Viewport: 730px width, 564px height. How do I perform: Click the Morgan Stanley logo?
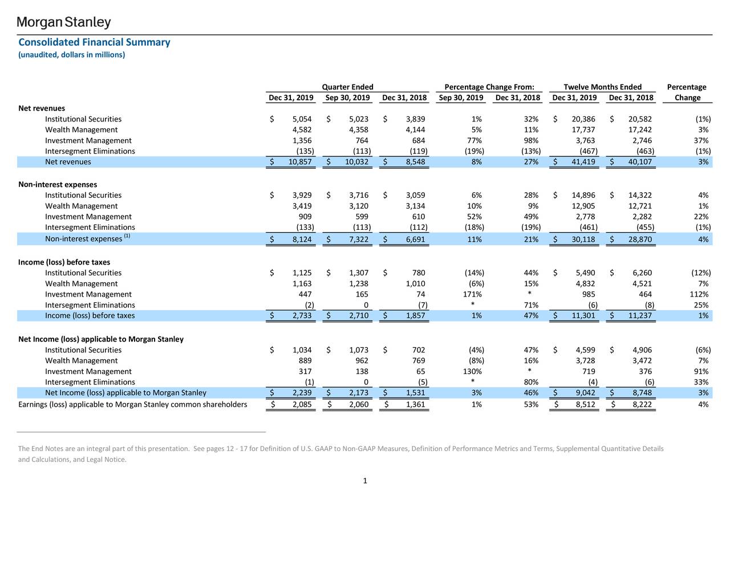point(63,22)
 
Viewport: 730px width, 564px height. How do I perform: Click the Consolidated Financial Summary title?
point(94,42)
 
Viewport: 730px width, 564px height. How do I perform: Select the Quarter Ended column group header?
point(347,87)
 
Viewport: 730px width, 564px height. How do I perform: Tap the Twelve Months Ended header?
point(602,87)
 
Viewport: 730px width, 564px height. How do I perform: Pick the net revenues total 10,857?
point(299,161)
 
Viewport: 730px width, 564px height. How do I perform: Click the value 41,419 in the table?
point(583,161)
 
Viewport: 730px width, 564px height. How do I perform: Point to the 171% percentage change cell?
point(472,294)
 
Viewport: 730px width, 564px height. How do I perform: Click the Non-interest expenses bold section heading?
point(58,184)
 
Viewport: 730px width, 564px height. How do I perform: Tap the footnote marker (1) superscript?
point(127,236)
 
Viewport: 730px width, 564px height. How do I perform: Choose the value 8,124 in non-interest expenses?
point(302,239)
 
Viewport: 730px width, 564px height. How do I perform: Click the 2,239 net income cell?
point(302,393)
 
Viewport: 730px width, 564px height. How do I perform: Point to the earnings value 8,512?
point(585,404)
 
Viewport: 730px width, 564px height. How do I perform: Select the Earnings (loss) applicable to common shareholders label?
point(132,404)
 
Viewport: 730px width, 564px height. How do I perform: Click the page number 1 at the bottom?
point(365,481)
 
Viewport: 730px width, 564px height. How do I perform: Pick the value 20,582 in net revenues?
point(640,119)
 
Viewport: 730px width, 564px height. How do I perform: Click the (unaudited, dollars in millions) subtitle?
point(71,55)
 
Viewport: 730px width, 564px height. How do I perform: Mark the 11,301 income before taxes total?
point(583,315)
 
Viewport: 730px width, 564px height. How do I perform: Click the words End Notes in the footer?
point(45,448)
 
